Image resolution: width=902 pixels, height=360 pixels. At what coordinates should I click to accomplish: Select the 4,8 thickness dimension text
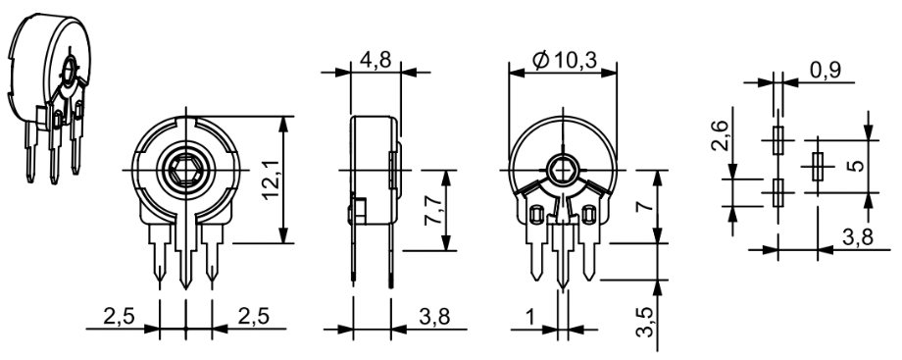(376, 59)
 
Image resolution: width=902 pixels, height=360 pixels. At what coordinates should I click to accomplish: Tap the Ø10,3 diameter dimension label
(565, 59)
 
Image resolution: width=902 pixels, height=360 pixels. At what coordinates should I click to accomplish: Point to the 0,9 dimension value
(826, 71)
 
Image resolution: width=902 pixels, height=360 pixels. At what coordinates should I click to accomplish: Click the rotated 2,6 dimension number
(720, 136)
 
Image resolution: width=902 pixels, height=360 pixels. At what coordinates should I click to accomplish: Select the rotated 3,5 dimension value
(645, 322)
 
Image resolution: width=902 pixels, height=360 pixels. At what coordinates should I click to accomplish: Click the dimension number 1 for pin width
(529, 316)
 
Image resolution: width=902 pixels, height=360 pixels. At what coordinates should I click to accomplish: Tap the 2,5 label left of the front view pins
(119, 316)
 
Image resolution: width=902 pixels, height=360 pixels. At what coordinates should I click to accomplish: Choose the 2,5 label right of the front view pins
(254, 316)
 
